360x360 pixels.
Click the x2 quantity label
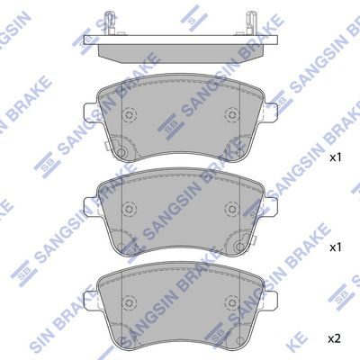click(x=334, y=339)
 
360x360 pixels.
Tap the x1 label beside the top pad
click(x=336, y=157)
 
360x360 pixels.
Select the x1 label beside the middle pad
click(x=336, y=247)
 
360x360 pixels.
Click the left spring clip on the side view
click(x=110, y=22)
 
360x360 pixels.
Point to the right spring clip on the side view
click(x=251, y=22)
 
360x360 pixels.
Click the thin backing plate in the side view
click(x=181, y=40)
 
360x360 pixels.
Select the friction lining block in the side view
click(x=181, y=54)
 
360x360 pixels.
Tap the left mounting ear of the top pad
click(x=90, y=112)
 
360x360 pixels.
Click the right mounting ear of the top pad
click(x=271, y=112)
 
